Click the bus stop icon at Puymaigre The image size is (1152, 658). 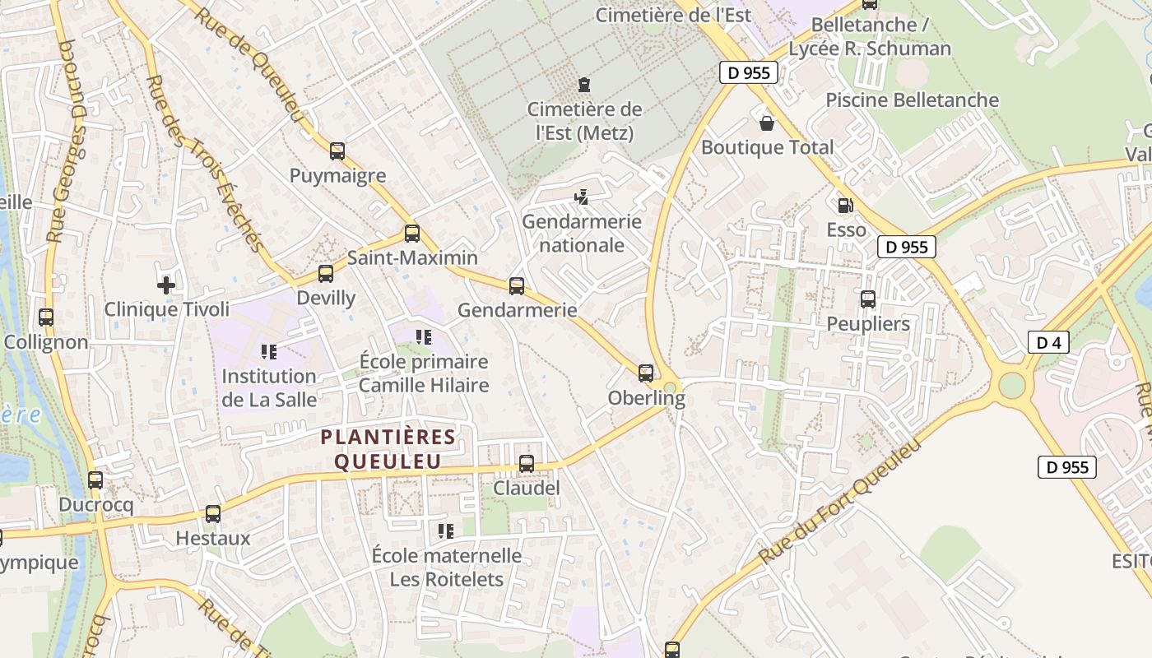(337, 151)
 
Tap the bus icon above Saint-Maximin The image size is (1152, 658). (411, 234)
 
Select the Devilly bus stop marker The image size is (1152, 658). (326, 274)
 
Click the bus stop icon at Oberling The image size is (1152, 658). (646, 373)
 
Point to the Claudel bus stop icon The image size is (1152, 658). (526, 464)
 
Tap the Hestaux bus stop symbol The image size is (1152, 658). (213, 514)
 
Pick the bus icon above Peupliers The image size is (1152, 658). (868, 299)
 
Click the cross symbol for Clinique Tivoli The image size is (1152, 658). (165, 285)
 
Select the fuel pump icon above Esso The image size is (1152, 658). (845, 206)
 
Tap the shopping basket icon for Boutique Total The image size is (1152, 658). (767, 123)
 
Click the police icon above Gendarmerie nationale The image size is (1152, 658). (582, 197)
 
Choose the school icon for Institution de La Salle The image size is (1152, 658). (268, 352)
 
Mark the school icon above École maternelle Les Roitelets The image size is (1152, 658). (445, 531)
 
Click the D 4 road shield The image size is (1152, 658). (1048, 342)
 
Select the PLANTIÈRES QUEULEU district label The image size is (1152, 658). (388, 449)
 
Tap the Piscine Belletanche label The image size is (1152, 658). (912, 100)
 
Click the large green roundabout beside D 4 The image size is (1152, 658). (1011, 385)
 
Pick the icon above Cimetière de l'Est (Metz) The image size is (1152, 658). (583, 84)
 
